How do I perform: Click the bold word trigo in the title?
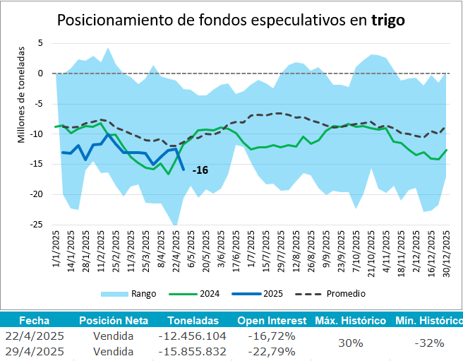pyautogui.click(x=387, y=20)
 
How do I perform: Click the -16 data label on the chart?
pyautogui.click(x=200, y=170)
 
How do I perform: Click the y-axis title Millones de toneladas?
pyautogui.click(x=21, y=95)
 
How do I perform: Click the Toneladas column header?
pyautogui.click(x=193, y=320)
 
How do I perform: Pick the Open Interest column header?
pyautogui.click(x=272, y=320)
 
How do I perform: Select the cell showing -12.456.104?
pyautogui.click(x=193, y=335)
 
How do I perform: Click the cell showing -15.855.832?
pyautogui.click(x=193, y=351)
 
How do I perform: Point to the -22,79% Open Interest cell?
pyautogui.click(x=272, y=351)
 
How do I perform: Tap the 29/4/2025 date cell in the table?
pyautogui.click(x=35, y=351)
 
